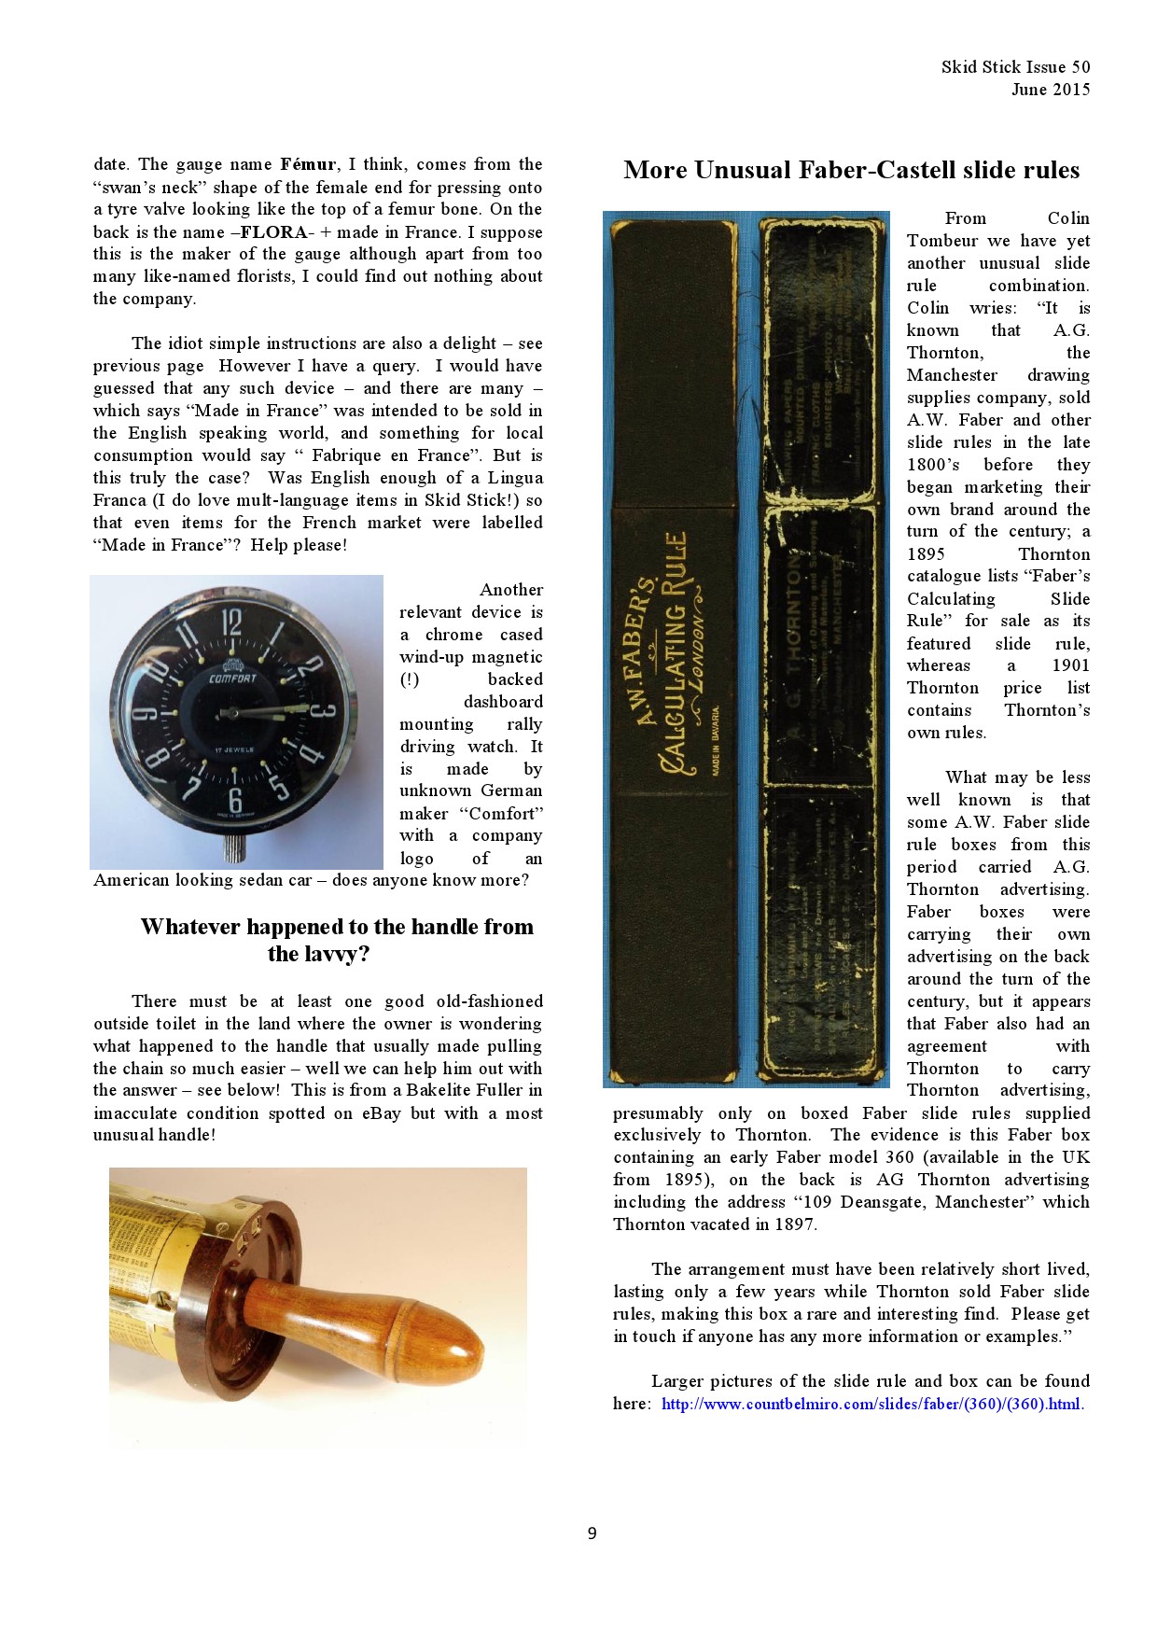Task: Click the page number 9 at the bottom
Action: [x=592, y=1533]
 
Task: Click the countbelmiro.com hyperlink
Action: [x=872, y=1404]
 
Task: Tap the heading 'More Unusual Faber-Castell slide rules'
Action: [x=851, y=170]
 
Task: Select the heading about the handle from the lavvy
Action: [x=336, y=940]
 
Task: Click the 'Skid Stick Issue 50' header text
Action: [x=1015, y=66]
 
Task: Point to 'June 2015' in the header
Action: [x=1050, y=90]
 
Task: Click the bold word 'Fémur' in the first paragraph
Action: [x=305, y=164]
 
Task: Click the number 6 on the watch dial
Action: [x=235, y=800]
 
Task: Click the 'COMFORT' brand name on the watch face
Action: [x=231, y=679]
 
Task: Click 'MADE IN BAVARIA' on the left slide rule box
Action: [x=716, y=733]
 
